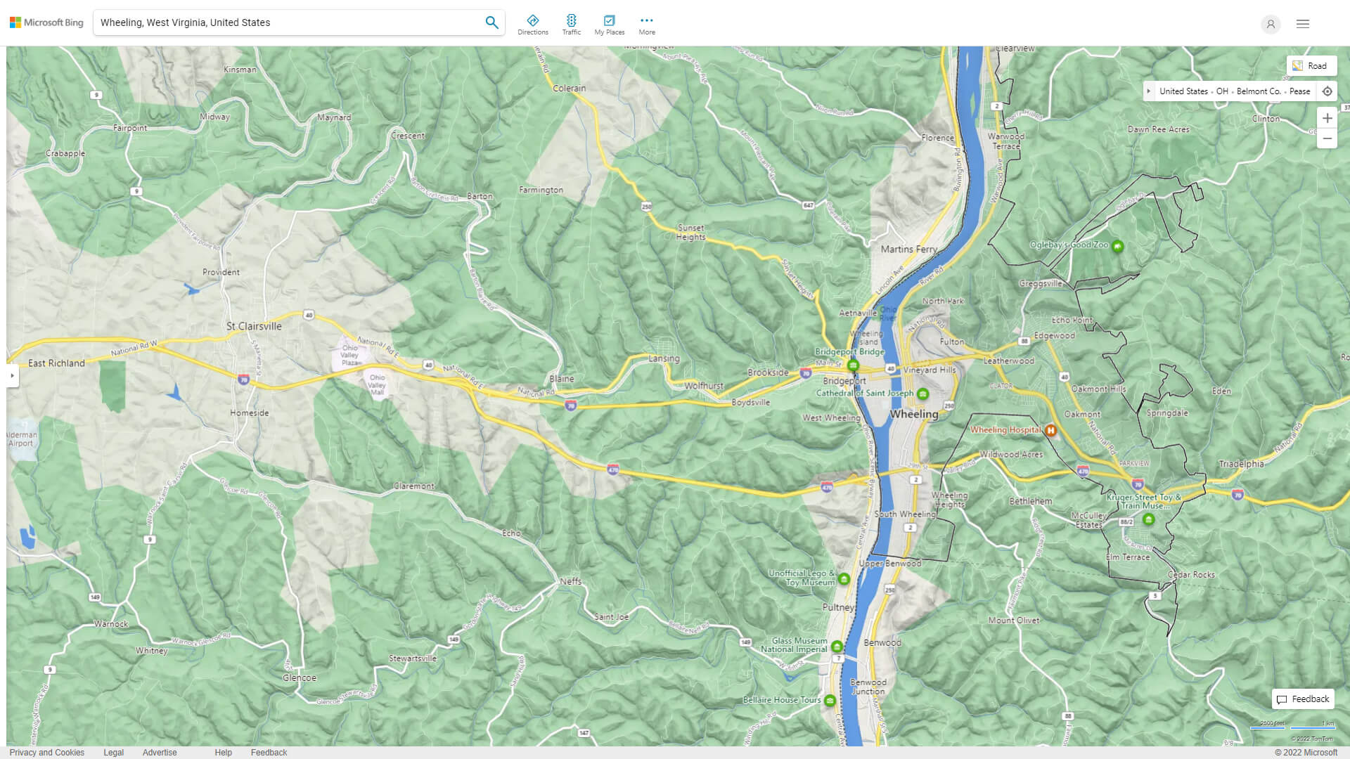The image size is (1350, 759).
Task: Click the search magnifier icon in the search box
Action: point(491,22)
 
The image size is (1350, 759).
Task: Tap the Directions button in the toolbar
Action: point(533,25)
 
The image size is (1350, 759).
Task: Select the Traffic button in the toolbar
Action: point(571,25)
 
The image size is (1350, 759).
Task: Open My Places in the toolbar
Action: point(609,25)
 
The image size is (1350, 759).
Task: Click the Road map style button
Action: point(1311,66)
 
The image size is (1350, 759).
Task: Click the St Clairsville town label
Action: point(254,326)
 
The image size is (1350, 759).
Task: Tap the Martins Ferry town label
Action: point(908,249)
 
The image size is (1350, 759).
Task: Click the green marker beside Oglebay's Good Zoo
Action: point(1117,246)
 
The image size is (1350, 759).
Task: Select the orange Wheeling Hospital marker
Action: point(1050,430)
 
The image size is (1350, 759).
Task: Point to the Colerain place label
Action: point(569,89)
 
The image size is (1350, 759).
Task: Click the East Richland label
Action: point(56,363)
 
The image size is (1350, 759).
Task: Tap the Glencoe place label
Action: point(300,678)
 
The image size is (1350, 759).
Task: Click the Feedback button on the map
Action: point(1303,699)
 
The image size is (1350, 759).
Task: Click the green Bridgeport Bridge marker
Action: point(853,365)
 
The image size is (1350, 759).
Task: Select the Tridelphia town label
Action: point(1241,464)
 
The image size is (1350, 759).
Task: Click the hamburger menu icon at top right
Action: point(1303,24)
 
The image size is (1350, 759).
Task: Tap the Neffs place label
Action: point(571,581)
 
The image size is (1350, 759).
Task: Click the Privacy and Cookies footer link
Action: point(47,753)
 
